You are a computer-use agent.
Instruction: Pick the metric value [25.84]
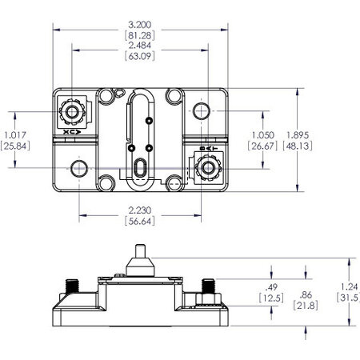[15, 146]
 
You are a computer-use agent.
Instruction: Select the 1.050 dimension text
[262, 134]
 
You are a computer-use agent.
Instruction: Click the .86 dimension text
[306, 294]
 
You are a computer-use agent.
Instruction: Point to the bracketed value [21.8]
[306, 306]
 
